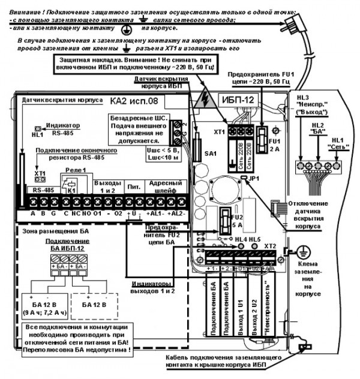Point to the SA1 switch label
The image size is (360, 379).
[x=209, y=154]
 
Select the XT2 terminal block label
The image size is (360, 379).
[x=269, y=246]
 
